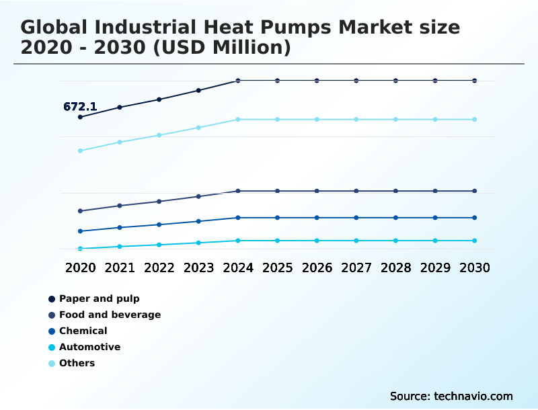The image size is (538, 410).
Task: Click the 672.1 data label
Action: pyautogui.click(x=80, y=107)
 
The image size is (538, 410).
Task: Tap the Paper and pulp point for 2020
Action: pyautogui.click(x=80, y=117)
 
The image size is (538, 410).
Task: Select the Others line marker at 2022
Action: pyautogui.click(x=159, y=135)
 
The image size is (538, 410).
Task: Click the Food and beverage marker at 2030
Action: pyautogui.click(x=474, y=191)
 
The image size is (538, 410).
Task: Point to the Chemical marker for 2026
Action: pyautogui.click(x=317, y=218)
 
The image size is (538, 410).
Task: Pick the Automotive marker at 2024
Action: pyautogui.click(x=238, y=241)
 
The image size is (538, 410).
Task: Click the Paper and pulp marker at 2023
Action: pyautogui.click(x=198, y=90)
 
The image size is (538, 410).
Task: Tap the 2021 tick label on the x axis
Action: pyautogui.click(x=120, y=268)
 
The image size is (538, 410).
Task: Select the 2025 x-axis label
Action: pyautogui.click(x=277, y=268)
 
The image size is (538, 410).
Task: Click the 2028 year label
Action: pyautogui.click(x=395, y=268)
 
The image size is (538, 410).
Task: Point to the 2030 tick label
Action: pyautogui.click(x=474, y=268)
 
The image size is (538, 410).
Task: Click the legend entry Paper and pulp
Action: pyautogui.click(x=99, y=298)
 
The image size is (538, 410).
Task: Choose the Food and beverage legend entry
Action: pyautogui.click(x=110, y=315)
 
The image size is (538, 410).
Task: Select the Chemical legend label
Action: pyautogui.click(x=83, y=331)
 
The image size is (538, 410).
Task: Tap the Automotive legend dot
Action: pyautogui.click(x=52, y=347)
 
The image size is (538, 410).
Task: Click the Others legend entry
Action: pyautogui.click(x=77, y=363)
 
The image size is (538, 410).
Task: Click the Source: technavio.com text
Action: pyautogui.click(x=451, y=396)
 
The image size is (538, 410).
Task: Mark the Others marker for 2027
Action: pyautogui.click(x=356, y=120)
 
